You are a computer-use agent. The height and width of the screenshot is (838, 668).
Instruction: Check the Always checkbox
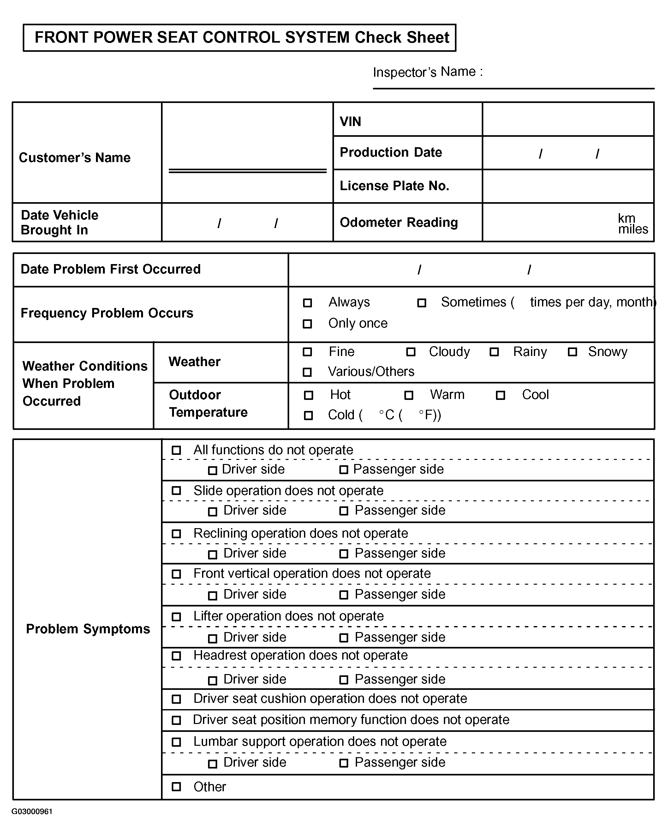point(307,303)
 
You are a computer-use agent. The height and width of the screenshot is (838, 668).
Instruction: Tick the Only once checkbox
point(307,324)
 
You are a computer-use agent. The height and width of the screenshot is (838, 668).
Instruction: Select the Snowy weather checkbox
point(572,352)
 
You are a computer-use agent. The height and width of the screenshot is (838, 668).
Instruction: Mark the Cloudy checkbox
point(410,352)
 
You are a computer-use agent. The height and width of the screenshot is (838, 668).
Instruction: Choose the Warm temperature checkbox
point(409,395)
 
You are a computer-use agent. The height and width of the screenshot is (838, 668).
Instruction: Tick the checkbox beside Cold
point(308,415)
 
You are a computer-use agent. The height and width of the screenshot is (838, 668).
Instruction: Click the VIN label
point(350,122)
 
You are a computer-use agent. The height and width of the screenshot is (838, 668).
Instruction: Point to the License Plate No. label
point(394,186)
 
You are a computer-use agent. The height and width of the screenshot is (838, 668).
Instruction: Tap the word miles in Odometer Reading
point(633,229)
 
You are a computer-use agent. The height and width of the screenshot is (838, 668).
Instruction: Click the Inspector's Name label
point(427,72)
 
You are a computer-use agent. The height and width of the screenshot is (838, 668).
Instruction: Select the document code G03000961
point(32,811)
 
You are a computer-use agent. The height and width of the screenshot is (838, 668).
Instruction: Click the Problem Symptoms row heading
point(88,629)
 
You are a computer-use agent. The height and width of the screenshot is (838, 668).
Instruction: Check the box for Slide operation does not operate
point(176,491)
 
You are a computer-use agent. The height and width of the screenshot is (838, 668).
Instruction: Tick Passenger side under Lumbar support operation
point(344,763)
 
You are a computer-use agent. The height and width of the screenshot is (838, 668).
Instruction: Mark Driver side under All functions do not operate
point(212,471)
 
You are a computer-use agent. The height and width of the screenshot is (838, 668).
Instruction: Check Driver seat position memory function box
point(176,720)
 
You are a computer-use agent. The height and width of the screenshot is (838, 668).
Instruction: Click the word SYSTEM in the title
point(317,37)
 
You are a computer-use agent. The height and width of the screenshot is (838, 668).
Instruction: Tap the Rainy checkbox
point(494,352)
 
